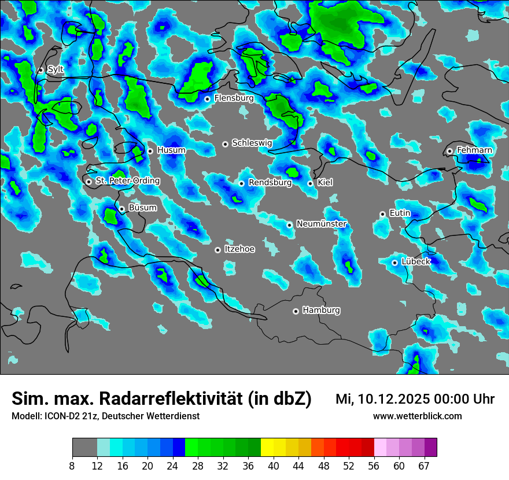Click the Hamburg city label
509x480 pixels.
tap(321, 310)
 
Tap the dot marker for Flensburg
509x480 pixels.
tap(207, 99)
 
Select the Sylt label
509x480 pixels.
tap(56, 69)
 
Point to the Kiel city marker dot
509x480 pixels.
tap(310, 183)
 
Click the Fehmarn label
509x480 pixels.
tap(474, 150)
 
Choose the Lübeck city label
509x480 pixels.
tap(416, 261)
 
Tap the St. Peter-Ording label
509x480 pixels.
tap(127, 180)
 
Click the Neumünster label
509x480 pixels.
tap(322, 224)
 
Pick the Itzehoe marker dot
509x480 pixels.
tap(217, 250)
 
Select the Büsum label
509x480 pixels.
tap(142, 208)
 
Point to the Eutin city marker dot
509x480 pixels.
tap(382, 214)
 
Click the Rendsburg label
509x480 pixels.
tap(270, 183)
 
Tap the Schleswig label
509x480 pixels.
tap(252, 143)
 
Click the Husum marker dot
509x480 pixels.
tap(150, 151)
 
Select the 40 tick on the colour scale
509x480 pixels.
tap(273, 466)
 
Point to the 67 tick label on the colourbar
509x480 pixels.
tap(424, 466)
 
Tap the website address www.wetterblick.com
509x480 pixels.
tap(418, 416)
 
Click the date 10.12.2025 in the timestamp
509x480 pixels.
tap(389, 399)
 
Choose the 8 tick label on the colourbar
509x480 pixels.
tap(72, 466)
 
